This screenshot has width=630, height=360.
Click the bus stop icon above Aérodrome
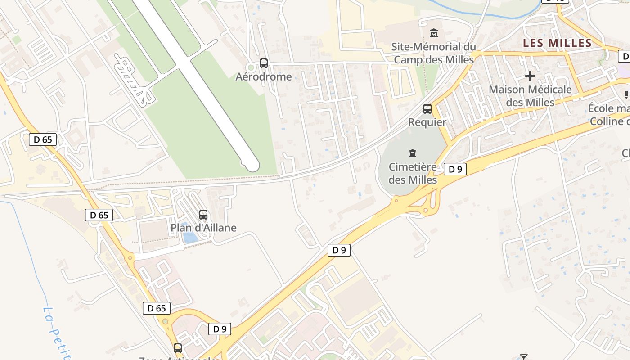264,63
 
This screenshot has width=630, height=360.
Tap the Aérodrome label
264,76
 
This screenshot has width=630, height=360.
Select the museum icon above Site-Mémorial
434,33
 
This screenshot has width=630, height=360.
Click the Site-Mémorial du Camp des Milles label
434,53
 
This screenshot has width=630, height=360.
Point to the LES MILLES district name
557,43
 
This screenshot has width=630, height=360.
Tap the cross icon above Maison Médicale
530,76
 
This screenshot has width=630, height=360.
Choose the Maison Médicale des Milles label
530,96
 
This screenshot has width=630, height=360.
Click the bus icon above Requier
427,109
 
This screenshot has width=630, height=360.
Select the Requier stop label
427,122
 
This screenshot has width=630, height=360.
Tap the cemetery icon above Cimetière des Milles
413,153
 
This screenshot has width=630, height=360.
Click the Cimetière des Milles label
413,173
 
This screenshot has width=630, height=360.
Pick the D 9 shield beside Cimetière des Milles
455,169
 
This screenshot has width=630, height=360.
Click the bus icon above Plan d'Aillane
203,215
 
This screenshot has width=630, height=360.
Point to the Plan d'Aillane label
203,228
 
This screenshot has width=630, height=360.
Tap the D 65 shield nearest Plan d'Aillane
99,215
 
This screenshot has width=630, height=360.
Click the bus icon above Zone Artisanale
178,348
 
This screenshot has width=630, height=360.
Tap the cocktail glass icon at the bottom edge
523,357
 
